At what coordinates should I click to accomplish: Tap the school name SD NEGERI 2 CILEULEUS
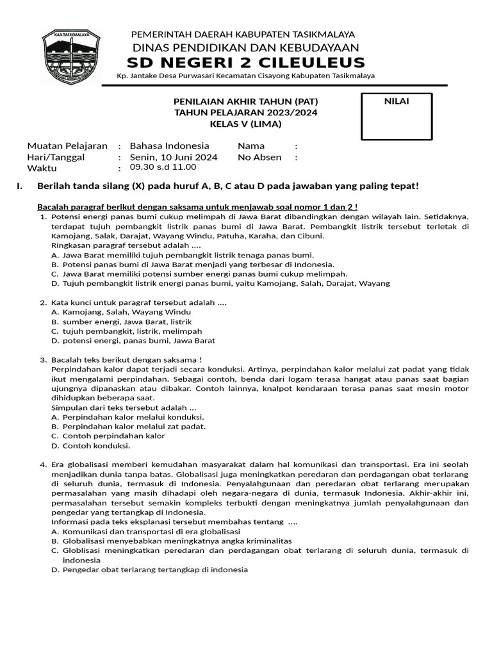245,62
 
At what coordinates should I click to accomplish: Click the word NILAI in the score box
397,101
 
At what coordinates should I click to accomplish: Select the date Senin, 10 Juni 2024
174,157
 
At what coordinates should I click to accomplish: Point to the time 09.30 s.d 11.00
163,167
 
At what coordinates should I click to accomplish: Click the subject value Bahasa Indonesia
169,146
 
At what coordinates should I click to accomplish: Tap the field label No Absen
259,157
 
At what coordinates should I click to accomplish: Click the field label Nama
251,146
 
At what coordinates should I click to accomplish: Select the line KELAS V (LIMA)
245,124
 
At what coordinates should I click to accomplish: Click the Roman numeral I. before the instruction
19,186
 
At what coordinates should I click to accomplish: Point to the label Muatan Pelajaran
67,146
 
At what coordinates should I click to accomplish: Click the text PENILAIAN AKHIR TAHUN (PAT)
245,102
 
